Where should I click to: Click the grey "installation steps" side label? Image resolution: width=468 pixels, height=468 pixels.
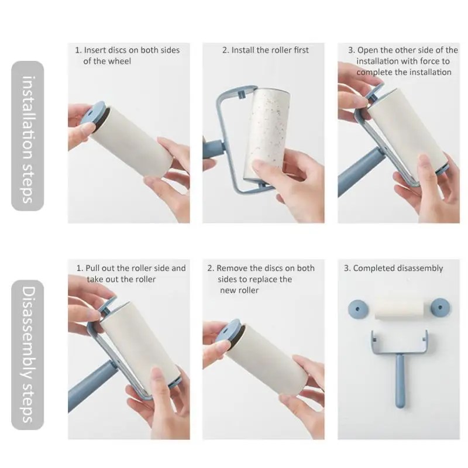point(27,136)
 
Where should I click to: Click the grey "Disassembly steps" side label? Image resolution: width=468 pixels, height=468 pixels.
point(27,355)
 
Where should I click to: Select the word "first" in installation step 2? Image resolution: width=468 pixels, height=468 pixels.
point(301,50)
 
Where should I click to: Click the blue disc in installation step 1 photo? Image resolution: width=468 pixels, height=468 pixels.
point(93,114)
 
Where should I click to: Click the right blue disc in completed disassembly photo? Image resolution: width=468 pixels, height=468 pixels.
point(441,307)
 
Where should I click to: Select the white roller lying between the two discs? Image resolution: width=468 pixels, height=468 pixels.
point(400,309)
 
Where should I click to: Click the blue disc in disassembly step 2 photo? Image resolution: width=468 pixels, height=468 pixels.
point(229,331)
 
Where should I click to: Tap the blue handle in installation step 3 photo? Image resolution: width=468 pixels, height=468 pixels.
point(355,173)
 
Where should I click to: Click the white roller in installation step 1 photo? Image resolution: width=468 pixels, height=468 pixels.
point(131,141)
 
